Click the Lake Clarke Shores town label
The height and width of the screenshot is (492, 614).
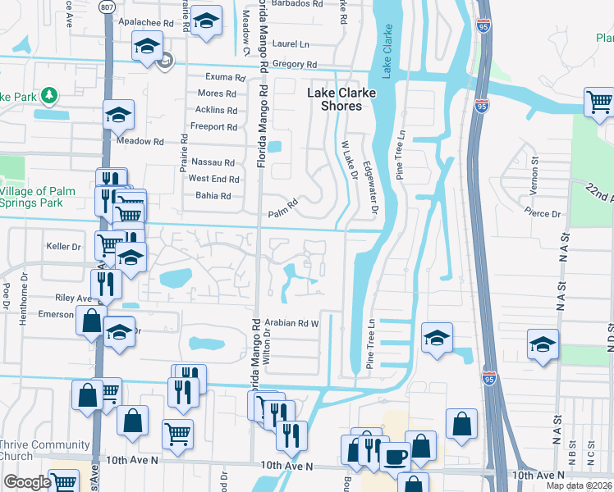point(341,99)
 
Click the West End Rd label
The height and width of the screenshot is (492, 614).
point(213,179)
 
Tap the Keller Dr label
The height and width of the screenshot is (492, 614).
point(65,246)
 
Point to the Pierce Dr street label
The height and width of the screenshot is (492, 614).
point(543,214)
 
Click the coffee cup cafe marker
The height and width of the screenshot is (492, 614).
point(395,455)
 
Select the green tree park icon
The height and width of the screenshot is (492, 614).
point(49,97)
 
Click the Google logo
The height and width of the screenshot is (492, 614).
point(27,481)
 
